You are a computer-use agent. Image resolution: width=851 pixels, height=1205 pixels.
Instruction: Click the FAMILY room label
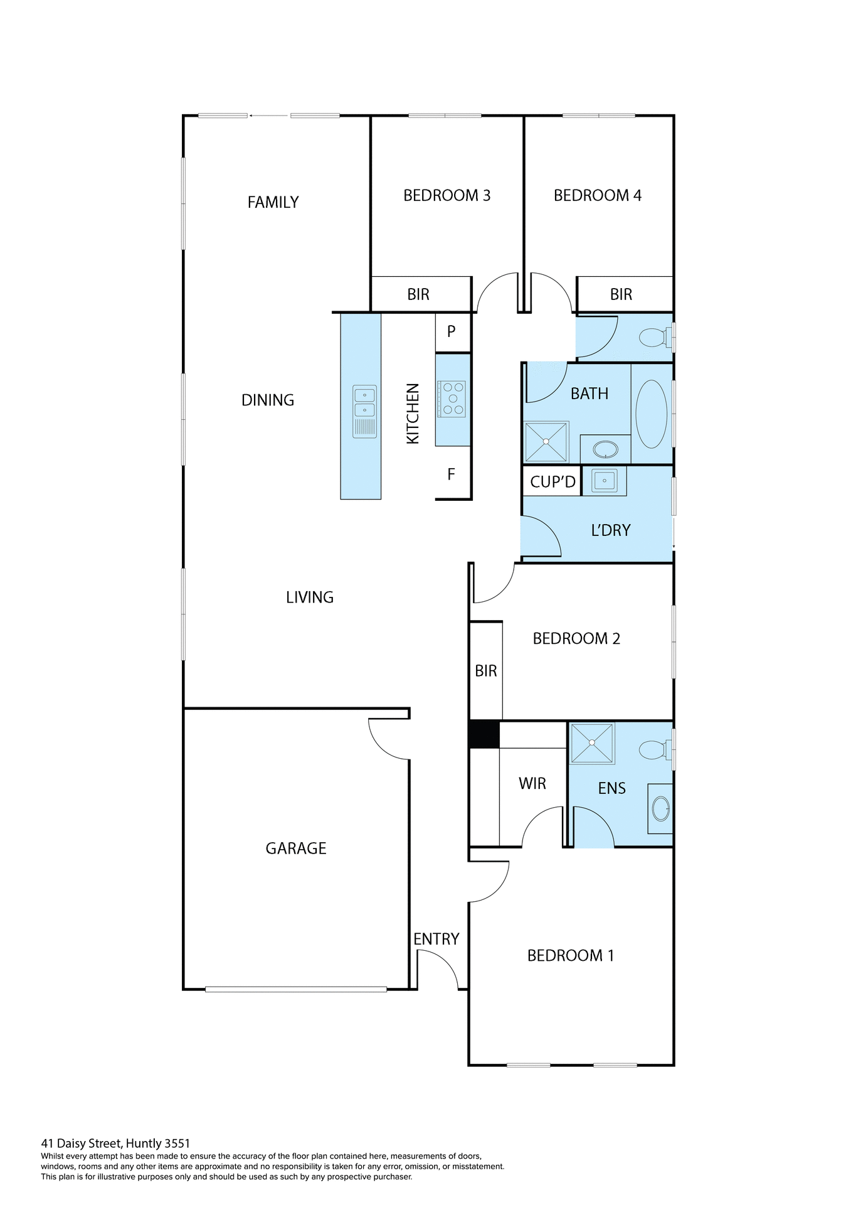273,202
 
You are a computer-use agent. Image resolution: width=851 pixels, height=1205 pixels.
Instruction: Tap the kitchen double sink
364,402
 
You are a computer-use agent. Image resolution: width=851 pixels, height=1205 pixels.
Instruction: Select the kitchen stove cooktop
452,399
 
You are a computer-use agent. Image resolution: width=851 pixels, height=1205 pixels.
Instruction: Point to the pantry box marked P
452,332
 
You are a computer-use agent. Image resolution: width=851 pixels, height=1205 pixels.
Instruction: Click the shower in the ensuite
592,743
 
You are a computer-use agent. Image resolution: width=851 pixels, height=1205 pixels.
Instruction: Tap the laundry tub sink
604,481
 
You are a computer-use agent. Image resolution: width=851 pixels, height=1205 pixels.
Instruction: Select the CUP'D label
552,482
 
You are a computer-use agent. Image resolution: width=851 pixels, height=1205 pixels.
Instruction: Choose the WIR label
532,783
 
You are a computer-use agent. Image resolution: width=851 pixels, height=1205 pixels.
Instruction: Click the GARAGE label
296,849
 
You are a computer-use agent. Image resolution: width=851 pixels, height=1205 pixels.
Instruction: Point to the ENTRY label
436,939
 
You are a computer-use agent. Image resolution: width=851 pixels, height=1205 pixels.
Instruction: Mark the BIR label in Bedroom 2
486,671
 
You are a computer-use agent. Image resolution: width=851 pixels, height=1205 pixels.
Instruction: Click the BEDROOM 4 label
597,195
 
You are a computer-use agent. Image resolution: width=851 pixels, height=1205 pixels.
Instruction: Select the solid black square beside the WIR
484,735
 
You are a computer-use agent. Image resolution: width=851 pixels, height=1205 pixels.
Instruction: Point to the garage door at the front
296,990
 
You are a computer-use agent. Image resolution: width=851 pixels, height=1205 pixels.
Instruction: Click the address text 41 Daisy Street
115,1143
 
